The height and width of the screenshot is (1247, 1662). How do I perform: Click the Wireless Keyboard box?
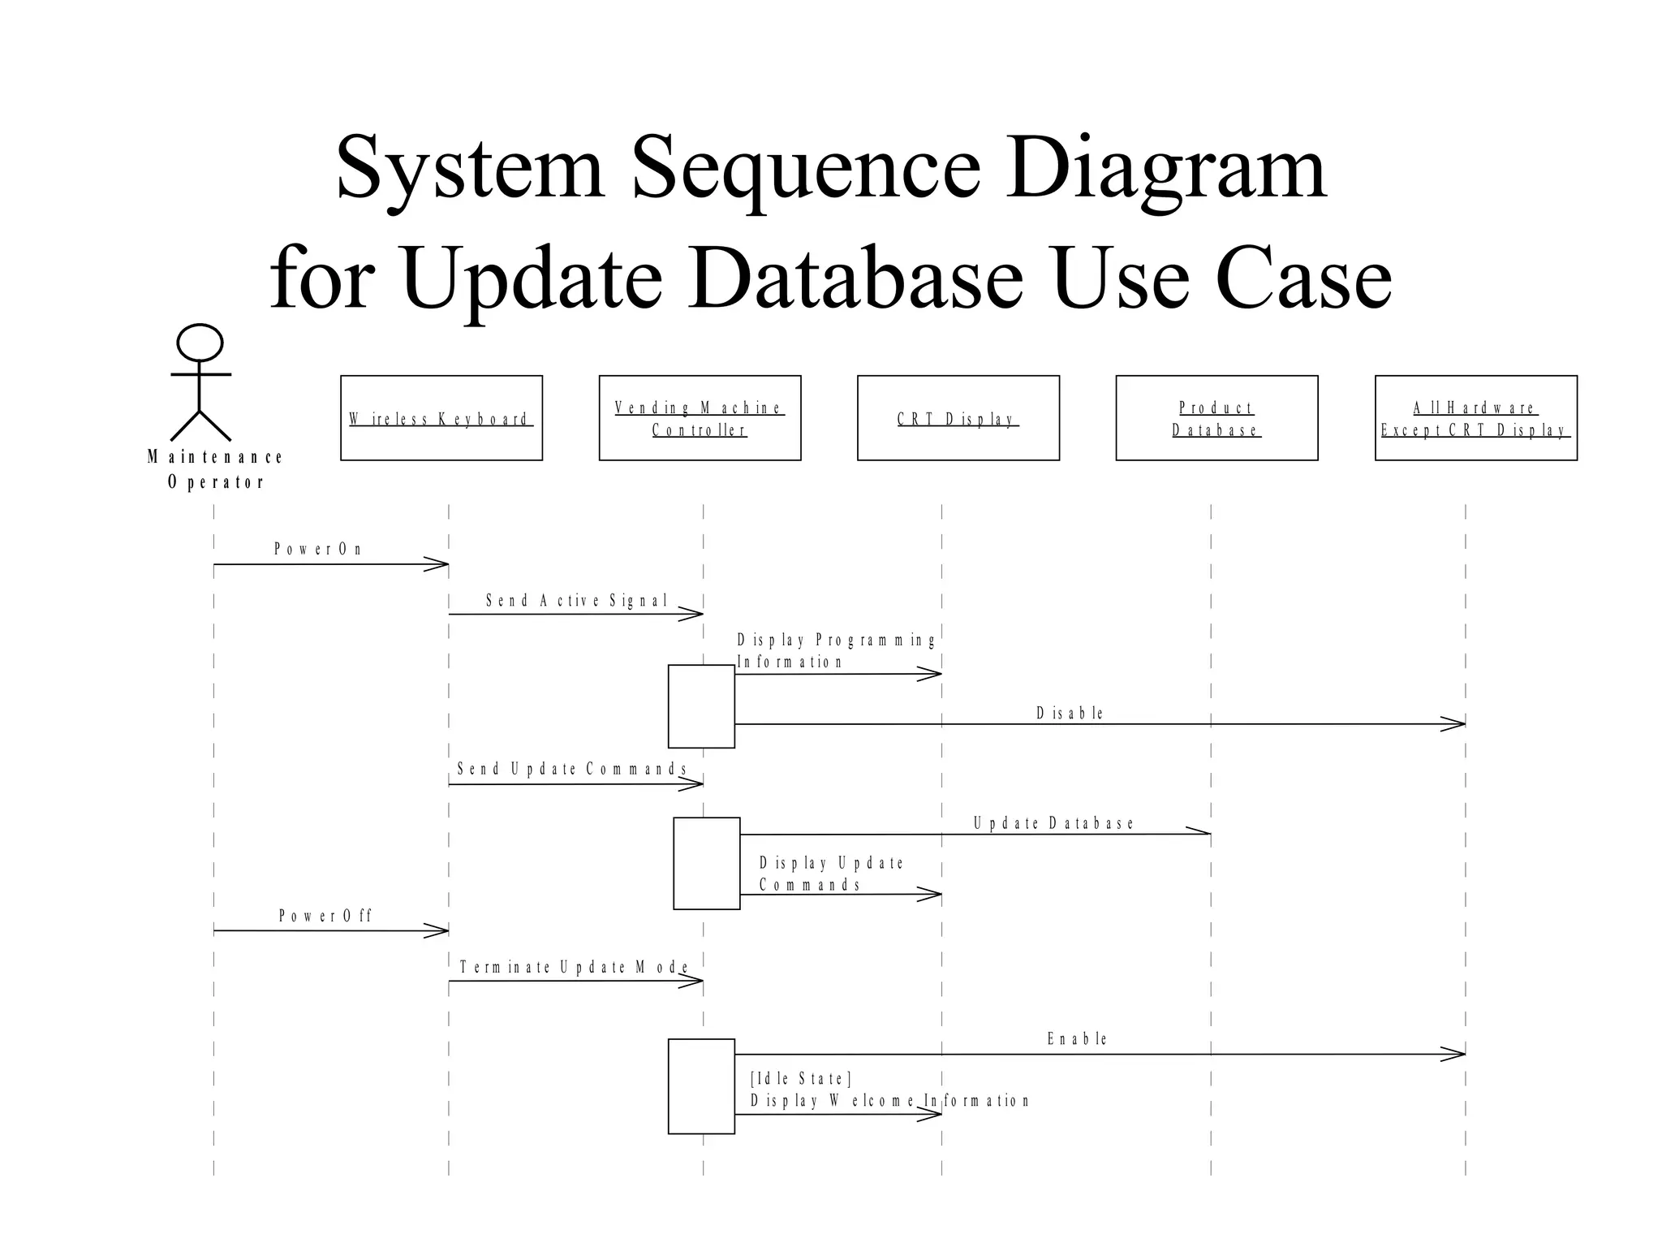pyautogui.click(x=441, y=418)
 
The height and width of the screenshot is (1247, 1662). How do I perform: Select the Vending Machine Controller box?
pyautogui.click(x=700, y=418)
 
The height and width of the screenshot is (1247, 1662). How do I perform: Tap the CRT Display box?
pyautogui.click(x=958, y=418)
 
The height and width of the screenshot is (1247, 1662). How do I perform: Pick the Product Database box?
pyautogui.click(x=1216, y=418)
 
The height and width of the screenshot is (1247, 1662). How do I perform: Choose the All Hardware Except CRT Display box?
pyautogui.click(x=1475, y=418)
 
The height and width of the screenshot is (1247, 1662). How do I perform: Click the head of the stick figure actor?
pyautogui.click(x=200, y=343)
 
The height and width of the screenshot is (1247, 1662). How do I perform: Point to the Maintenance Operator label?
pyautogui.click(x=215, y=469)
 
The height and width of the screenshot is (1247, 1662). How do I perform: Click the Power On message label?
pyautogui.click(x=318, y=549)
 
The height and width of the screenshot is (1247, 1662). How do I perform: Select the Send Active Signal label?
pyautogui.click(x=576, y=601)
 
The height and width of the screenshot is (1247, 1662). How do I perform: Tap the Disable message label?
pyautogui.click(x=1070, y=713)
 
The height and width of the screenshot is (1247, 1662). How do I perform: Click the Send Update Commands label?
pyautogui.click(x=572, y=769)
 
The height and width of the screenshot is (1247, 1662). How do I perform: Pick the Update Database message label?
pyautogui.click(x=1053, y=823)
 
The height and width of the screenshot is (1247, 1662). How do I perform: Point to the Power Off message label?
pyautogui.click(x=325, y=916)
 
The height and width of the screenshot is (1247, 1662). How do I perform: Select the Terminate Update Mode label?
pyautogui.click(x=574, y=967)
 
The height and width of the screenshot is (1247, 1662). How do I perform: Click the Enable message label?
pyautogui.click(x=1077, y=1038)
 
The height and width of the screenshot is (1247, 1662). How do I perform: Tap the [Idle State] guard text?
pyautogui.click(x=800, y=1078)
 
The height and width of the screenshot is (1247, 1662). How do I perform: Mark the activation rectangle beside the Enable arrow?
pyautogui.click(x=701, y=1085)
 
